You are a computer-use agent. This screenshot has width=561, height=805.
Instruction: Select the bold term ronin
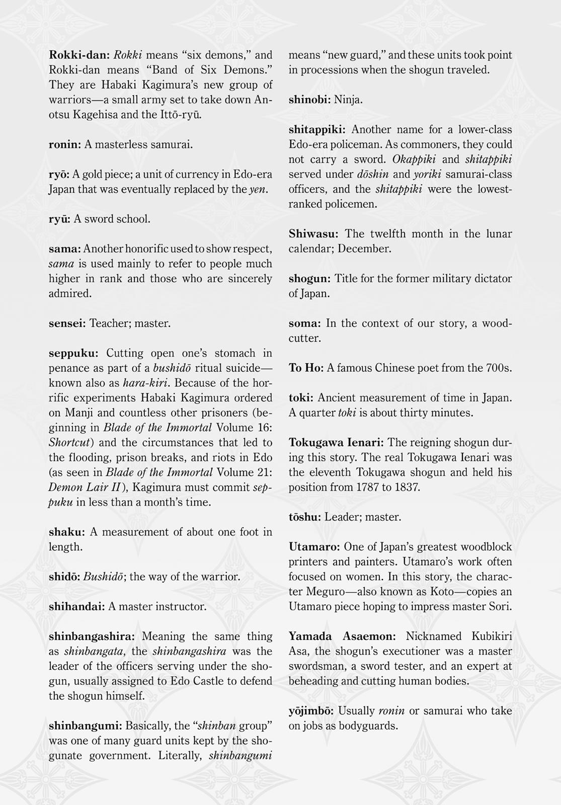click(x=64, y=145)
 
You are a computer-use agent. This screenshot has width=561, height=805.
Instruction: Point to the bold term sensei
click(x=67, y=324)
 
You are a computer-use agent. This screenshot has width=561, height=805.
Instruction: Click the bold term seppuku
click(x=74, y=354)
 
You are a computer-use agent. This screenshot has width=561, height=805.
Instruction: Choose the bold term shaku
click(x=66, y=532)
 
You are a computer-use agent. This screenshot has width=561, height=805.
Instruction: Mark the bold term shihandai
click(x=76, y=607)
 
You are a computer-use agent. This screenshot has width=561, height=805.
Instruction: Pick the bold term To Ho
click(x=305, y=368)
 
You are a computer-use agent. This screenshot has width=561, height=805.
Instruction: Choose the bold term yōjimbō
click(x=310, y=711)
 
